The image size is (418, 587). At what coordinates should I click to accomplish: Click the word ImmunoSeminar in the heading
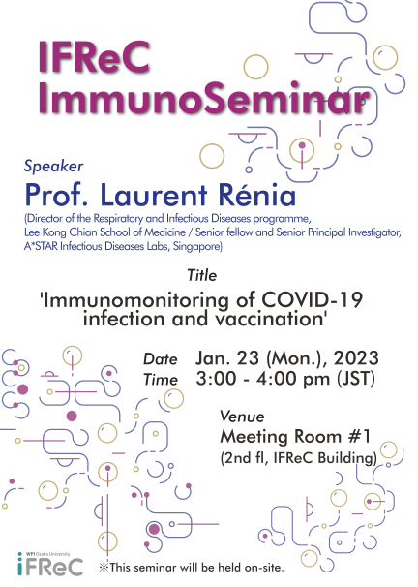pos(204,98)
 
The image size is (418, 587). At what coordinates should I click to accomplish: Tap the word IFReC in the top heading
pos(94,57)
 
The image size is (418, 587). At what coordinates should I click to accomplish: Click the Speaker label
pos(53,166)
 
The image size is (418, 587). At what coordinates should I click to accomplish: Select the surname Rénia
pos(257,195)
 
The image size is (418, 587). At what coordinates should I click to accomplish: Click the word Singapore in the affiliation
pos(197,246)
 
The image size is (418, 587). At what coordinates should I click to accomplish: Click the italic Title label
pos(202,275)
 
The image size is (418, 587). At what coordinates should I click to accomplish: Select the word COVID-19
pos(312,299)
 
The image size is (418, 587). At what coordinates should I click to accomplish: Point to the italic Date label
pos(160,359)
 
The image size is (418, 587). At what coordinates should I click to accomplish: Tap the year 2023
pos(356,357)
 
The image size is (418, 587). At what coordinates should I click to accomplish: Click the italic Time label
pos(161,380)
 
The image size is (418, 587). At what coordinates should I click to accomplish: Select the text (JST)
pos(356,379)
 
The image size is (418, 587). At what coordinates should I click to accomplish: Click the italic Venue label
pos(242,417)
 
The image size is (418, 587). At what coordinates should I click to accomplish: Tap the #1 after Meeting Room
pos(359,436)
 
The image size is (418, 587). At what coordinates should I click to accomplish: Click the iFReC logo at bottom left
pos(50,564)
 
